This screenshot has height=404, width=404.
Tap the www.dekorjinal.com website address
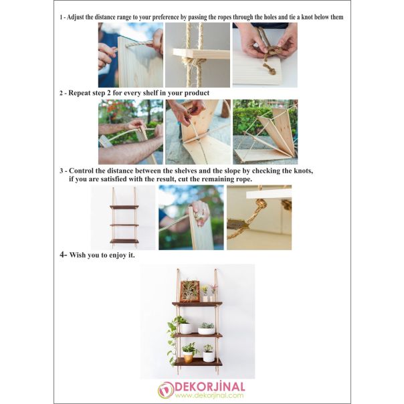click(x=209, y=395)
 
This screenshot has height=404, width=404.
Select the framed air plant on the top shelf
click(x=190, y=291)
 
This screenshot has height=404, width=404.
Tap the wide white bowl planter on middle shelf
click(x=207, y=330)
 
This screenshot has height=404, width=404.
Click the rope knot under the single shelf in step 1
click(x=196, y=64)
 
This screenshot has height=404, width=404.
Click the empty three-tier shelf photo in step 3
click(x=124, y=217)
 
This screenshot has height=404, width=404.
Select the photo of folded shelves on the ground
click(x=265, y=132)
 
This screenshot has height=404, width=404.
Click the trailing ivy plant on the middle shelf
click(x=174, y=338)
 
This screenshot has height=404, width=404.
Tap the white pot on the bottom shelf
click(x=209, y=355)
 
